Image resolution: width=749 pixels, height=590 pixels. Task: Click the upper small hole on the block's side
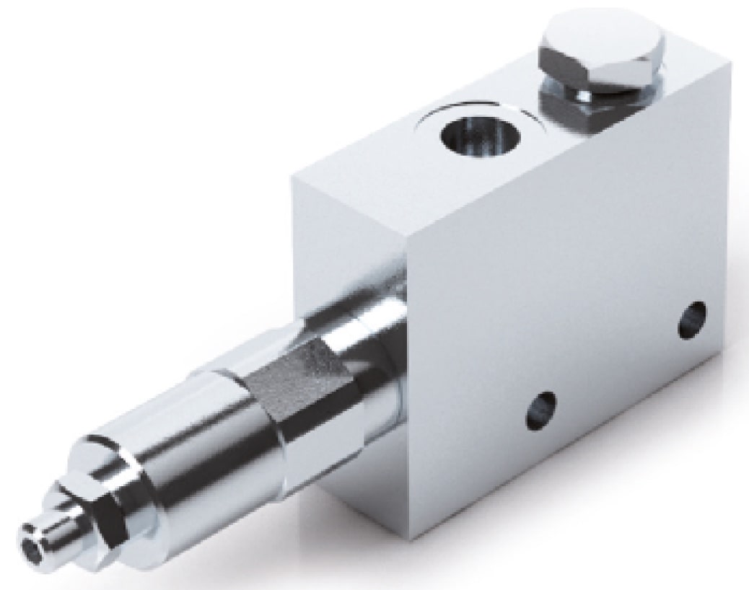coord(691,319)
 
